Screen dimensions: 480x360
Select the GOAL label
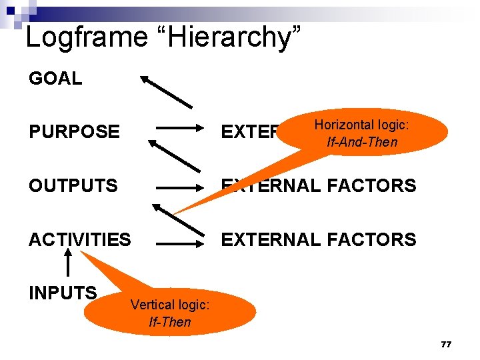click(55, 79)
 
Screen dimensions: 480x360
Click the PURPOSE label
click(74, 131)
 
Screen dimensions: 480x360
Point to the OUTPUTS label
click(73, 185)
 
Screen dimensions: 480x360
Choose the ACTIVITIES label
click(80, 239)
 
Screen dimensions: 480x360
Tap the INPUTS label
click(63, 292)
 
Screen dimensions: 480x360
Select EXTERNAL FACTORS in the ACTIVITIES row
click(319, 239)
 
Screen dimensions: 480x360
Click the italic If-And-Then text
click(362, 142)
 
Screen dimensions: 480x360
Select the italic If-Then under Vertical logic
click(170, 323)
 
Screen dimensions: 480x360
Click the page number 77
click(446, 344)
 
